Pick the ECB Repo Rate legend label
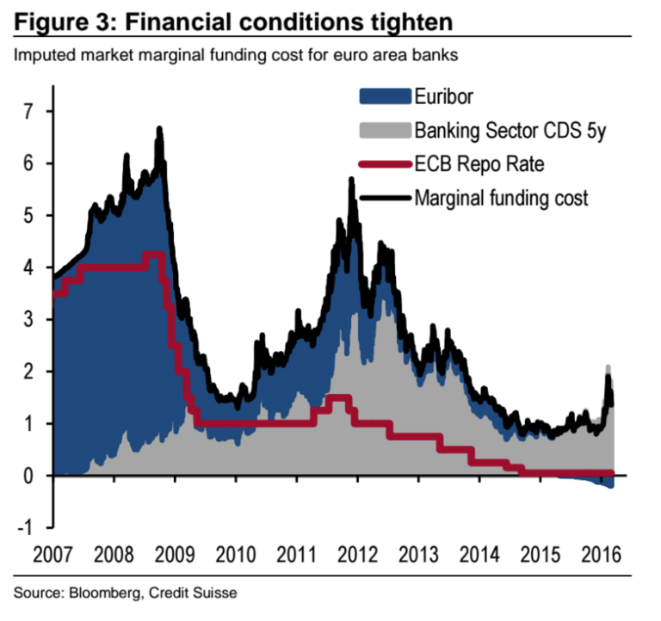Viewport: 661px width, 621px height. click(x=479, y=163)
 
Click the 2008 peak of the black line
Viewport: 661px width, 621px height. click(x=159, y=129)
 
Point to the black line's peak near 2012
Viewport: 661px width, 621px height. click(x=351, y=180)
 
